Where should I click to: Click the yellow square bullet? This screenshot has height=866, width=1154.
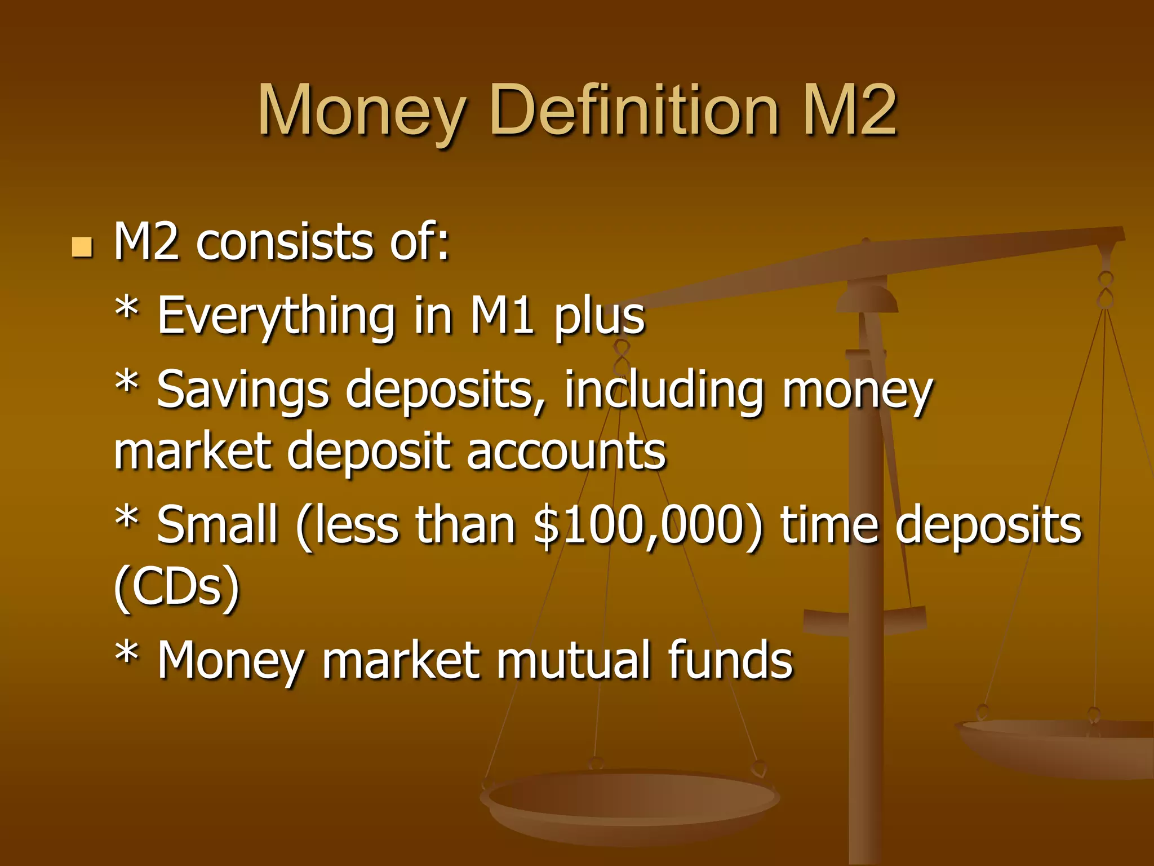point(82,247)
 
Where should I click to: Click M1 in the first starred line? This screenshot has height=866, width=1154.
point(502,316)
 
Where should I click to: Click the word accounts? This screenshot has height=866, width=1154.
point(566,452)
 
